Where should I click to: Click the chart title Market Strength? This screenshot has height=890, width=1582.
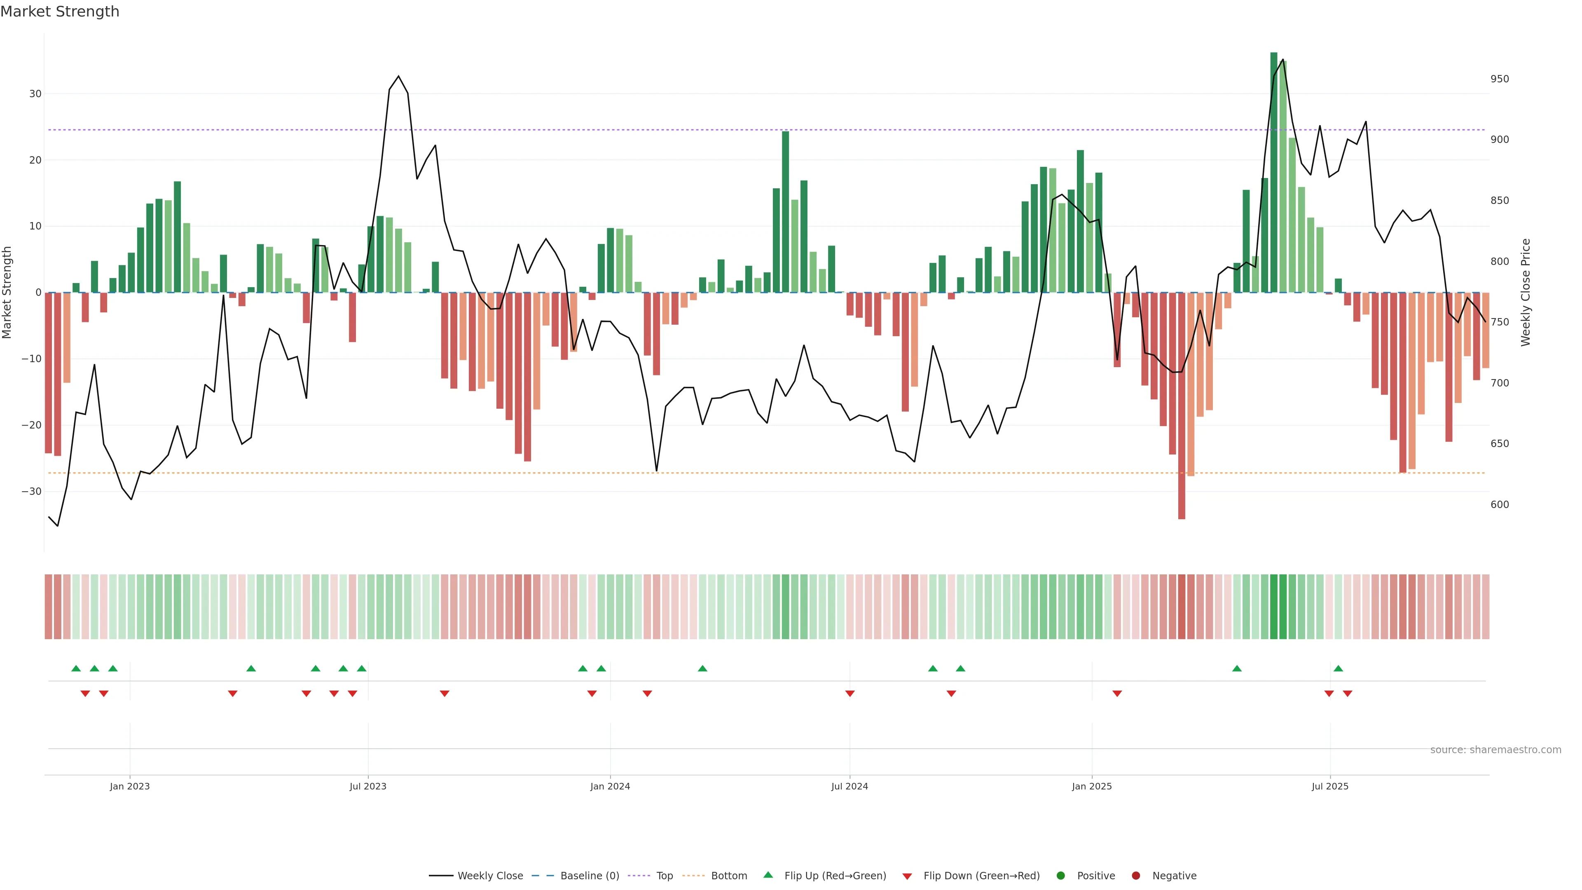tap(60, 12)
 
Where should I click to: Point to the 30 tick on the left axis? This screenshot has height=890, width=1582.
tap(35, 94)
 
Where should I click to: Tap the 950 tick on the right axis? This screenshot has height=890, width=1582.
tap(1499, 79)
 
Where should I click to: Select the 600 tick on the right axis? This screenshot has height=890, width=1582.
tap(1499, 505)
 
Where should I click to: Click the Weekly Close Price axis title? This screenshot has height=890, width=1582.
tap(1526, 293)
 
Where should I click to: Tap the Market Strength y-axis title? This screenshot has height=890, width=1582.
tap(7, 293)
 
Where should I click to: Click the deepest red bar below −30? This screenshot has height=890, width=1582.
tap(1181, 405)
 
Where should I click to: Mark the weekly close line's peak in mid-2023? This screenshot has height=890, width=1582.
tap(398, 76)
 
